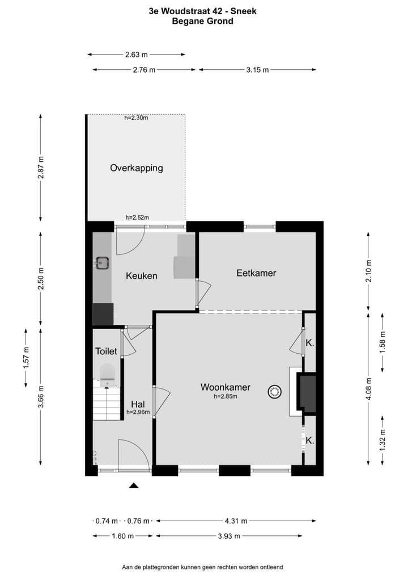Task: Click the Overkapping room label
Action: click(137, 168)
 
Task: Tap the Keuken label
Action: click(141, 276)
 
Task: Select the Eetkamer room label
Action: click(256, 273)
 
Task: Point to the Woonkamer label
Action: click(225, 387)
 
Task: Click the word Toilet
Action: click(106, 351)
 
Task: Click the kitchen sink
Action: click(102, 262)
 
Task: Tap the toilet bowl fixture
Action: click(107, 372)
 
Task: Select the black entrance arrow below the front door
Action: click(134, 485)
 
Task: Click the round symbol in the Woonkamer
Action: click(275, 391)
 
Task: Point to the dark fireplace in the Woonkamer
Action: click(308, 393)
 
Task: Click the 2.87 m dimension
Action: click(40, 167)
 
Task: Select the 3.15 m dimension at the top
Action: click(257, 69)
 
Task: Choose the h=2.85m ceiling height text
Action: click(225, 397)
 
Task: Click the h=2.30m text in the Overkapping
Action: click(136, 118)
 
